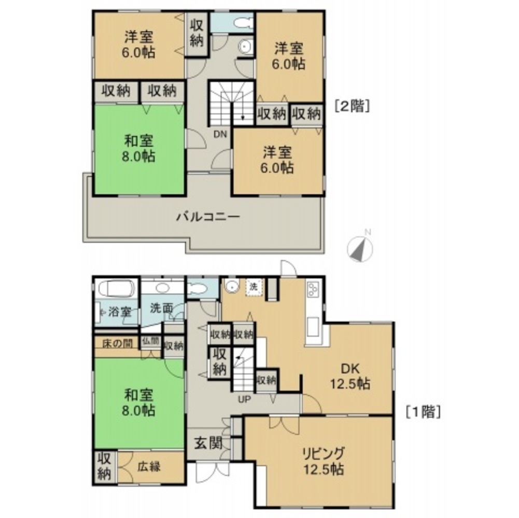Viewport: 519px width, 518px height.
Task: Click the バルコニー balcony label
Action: click(x=206, y=217)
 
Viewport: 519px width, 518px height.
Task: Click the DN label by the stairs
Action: click(x=221, y=134)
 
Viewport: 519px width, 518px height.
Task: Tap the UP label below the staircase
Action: click(x=244, y=399)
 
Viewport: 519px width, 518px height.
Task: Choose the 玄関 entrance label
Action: click(x=208, y=443)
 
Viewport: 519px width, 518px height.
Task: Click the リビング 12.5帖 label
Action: click(x=324, y=461)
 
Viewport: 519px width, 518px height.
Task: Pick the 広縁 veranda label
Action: click(x=149, y=466)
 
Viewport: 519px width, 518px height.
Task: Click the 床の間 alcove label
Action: click(x=117, y=343)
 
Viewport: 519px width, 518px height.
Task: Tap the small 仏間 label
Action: click(x=150, y=342)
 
